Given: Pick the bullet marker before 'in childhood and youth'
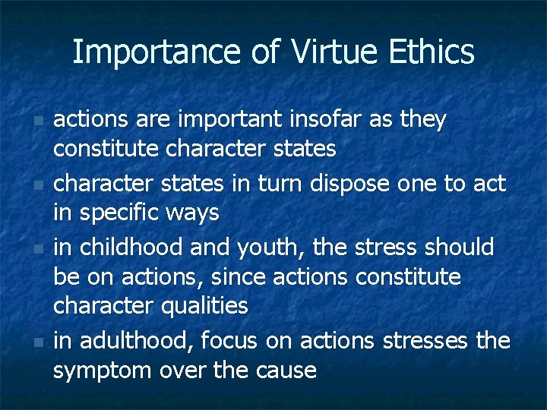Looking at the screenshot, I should coord(38,249).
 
